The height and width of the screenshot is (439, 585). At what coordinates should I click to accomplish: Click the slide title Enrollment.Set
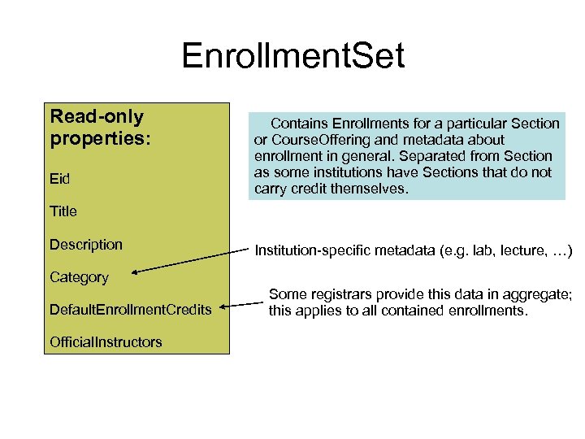(292, 56)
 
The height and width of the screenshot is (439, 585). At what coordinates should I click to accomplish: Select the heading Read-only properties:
(100, 128)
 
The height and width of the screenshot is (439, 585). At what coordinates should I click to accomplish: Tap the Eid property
(60, 179)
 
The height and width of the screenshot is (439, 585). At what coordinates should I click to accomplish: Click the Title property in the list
(63, 211)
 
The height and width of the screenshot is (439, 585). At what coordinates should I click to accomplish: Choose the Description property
(86, 244)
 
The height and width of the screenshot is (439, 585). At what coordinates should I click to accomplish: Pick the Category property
(79, 277)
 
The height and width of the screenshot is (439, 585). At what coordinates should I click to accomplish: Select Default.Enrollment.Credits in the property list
(130, 310)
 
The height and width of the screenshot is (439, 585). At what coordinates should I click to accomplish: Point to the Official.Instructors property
(106, 342)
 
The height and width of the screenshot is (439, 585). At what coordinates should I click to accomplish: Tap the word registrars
(336, 294)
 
